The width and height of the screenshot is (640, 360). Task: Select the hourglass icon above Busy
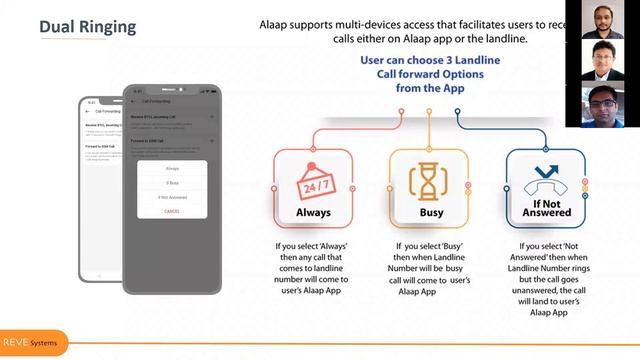[429, 181]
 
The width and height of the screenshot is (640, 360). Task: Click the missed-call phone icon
[546, 175]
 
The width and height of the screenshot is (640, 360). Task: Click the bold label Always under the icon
[313, 213]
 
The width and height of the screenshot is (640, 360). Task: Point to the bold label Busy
[430, 213]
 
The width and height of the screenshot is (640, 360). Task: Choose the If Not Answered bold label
[546, 211]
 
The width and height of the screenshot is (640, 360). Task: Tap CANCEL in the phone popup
[172, 211]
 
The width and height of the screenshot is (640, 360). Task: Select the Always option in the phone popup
[172, 168]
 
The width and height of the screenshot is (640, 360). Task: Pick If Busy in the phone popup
[172, 183]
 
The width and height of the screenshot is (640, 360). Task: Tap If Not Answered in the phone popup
[172, 197]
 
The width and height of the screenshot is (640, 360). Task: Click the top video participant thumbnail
[604, 21]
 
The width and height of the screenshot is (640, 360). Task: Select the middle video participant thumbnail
[604, 61]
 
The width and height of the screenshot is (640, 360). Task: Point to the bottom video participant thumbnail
[604, 105]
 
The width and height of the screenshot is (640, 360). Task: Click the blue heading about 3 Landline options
[429, 74]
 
